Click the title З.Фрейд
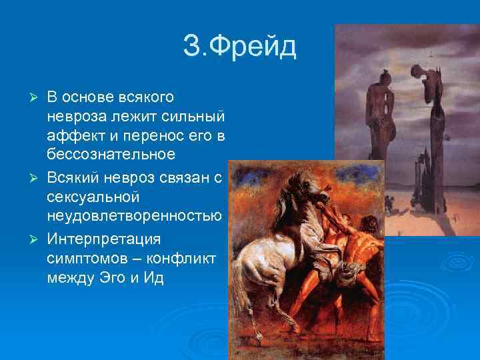pos(239,47)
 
